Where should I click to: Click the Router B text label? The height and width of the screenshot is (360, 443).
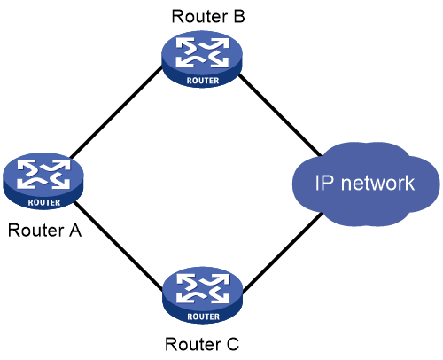tap(208, 17)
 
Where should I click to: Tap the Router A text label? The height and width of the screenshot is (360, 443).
tap(44, 231)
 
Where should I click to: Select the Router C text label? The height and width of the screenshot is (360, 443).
tap(202, 344)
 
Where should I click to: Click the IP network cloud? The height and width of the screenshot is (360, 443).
tap(366, 184)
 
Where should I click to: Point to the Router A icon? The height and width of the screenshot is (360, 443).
tap(43, 181)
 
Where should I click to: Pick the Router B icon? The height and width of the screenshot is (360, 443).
tap(202, 59)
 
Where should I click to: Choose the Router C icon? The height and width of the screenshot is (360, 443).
tap(203, 295)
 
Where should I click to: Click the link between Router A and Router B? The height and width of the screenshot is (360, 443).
tap(116, 112)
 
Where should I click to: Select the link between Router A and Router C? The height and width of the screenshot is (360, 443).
tap(118, 246)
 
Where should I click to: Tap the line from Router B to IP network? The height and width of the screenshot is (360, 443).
tap(280, 114)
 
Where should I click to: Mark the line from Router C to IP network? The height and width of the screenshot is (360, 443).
tap(283, 253)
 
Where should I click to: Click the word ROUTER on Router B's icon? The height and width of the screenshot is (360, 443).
tap(203, 81)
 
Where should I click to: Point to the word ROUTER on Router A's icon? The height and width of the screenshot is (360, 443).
tap(44, 202)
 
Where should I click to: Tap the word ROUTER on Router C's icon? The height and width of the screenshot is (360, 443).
tap(204, 317)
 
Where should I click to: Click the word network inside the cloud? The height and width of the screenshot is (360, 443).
tap(377, 183)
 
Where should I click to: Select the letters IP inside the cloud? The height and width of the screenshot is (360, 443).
tap(324, 183)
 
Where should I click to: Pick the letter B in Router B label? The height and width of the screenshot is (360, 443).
tap(239, 17)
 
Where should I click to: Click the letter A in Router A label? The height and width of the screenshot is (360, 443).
tap(75, 231)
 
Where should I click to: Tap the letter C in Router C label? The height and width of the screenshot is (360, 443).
tap(233, 344)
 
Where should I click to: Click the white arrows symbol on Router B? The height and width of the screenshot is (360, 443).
tap(203, 52)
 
